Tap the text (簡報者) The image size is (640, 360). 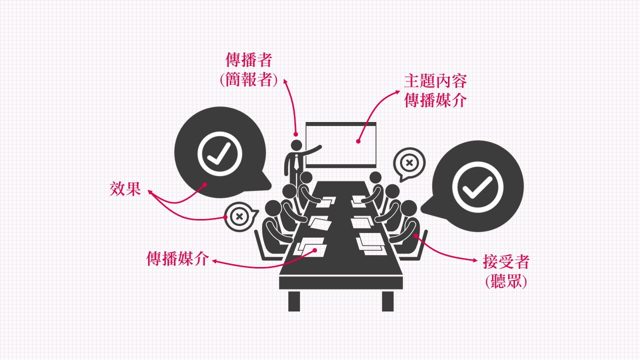coord(249,80)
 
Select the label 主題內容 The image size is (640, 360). coord(435,81)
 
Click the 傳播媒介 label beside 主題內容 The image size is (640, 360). coord(435,99)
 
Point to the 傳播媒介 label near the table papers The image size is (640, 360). coord(177,258)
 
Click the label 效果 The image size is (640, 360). coord(125,189)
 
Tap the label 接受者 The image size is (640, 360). coord(506,261)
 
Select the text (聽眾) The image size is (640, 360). coord(506,281)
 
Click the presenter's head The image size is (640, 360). coord(296,145)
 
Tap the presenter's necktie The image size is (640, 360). coord(297,162)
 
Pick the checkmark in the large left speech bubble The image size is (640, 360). coord(219,153)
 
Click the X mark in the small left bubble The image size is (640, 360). coord(239,216)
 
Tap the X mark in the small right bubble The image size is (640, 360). coord(409,162)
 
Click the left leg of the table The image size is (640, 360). coord(294,300)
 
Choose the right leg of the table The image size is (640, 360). coord(387,300)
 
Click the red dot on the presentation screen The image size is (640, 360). coord(358,141)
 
